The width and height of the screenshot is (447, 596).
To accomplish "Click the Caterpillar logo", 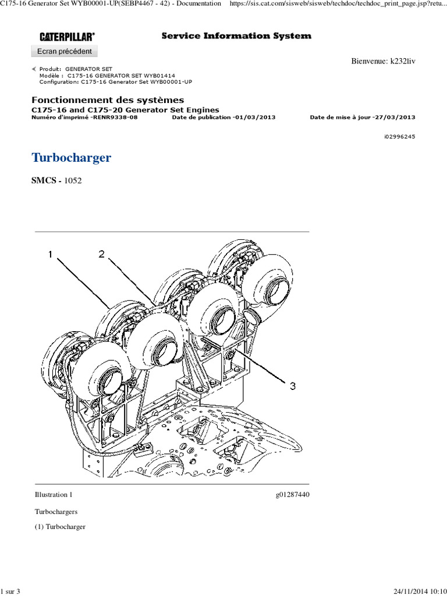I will coord(67,37).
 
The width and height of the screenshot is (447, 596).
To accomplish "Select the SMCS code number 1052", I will coord(73,180).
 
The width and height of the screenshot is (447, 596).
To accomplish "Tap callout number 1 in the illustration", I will coord(51,254).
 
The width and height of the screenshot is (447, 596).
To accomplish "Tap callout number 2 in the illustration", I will coord(101,254).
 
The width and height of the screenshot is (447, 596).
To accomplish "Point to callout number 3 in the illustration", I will coord(292,385).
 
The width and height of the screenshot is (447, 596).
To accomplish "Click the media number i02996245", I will coord(399,137).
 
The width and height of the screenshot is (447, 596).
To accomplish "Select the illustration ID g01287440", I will coord(293,495).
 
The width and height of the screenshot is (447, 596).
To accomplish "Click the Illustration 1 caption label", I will coord(54,495).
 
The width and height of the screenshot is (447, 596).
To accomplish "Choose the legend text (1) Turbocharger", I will coord(61,527).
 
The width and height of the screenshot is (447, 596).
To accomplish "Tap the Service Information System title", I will coord(236,36).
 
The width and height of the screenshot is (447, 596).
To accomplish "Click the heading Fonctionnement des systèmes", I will coord(107,100).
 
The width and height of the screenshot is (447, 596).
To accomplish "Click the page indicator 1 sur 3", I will coord(11,591).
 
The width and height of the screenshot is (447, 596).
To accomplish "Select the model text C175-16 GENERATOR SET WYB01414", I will coord(125,76).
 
